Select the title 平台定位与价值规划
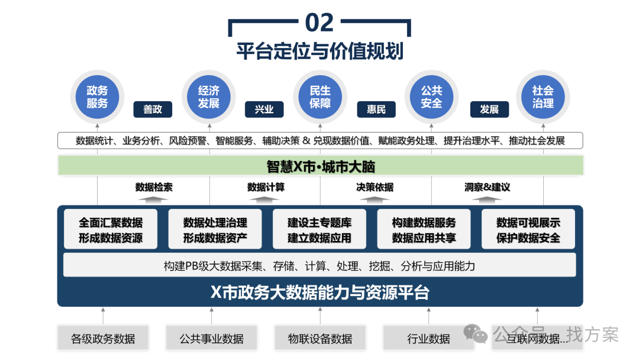(319, 50)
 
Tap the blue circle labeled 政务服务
(97, 97)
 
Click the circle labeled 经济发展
(209, 97)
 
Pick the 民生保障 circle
(320, 97)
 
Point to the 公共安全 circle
(431, 97)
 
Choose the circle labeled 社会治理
(543, 97)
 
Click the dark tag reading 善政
(153, 110)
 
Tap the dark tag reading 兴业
(264, 110)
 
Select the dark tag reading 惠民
(376, 110)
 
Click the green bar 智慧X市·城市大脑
(320, 166)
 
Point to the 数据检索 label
(154, 187)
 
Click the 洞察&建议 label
(487, 187)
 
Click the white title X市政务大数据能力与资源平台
(320, 292)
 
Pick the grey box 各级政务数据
(103, 339)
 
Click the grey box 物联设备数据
(320, 339)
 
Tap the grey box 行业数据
(428, 339)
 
